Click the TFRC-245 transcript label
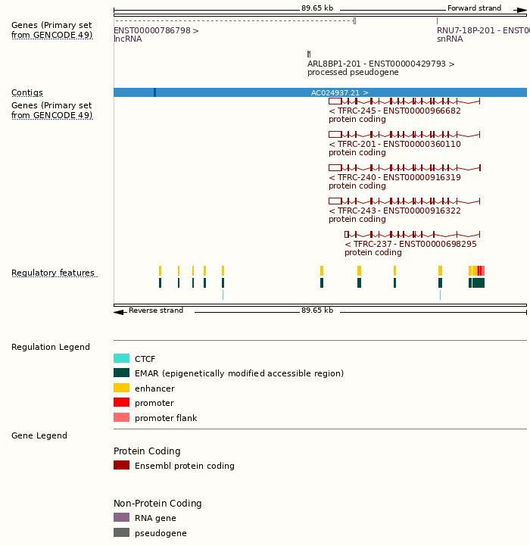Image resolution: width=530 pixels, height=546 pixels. pos(394,111)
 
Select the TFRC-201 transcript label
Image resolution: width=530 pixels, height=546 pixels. pos(394,144)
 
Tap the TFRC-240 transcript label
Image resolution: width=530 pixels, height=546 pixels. pos(394,177)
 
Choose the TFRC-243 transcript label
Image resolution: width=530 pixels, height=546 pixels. pos(394,211)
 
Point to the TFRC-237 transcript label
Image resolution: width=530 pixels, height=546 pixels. pos(410,244)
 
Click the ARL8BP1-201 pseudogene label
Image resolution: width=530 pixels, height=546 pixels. pos(381,64)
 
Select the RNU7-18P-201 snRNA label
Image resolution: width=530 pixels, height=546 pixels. pos(482,30)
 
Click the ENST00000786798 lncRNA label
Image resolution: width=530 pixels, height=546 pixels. pos(156,30)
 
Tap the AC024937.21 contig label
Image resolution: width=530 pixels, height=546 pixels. pos(340,92)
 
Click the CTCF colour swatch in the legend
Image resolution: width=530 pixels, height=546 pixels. pos(121,359)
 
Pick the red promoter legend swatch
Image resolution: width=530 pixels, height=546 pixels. pos(121,403)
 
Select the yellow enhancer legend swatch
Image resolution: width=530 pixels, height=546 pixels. pos(121,388)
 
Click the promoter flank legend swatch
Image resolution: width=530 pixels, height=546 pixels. pos(121,418)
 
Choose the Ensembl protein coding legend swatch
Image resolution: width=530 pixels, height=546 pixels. pos(121,466)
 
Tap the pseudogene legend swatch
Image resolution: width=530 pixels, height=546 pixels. pos(121,533)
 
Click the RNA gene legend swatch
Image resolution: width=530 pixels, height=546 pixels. pos(121,518)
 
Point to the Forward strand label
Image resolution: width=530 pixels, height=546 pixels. pos(474,8)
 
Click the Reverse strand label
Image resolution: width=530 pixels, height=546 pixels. pos(156,310)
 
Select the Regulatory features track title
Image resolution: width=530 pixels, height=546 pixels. pos(53,273)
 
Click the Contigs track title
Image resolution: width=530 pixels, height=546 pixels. pos(27,93)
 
